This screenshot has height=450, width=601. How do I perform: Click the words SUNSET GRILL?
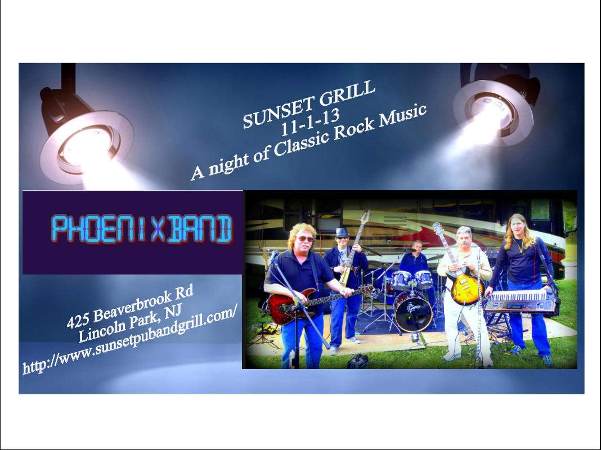tap(309, 104)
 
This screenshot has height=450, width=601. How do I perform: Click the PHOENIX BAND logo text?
tap(142, 229)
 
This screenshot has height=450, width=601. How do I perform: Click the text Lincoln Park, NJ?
tap(130, 324)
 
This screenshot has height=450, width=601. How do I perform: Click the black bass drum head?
tap(413, 313)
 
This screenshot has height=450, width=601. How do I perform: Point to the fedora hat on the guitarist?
tap(341, 232)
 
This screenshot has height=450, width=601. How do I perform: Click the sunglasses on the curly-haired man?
tap(305, 239)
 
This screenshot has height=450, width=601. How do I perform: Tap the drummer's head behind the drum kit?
tap(418, 247)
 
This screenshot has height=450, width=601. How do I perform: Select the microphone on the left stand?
tap(274, 255)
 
